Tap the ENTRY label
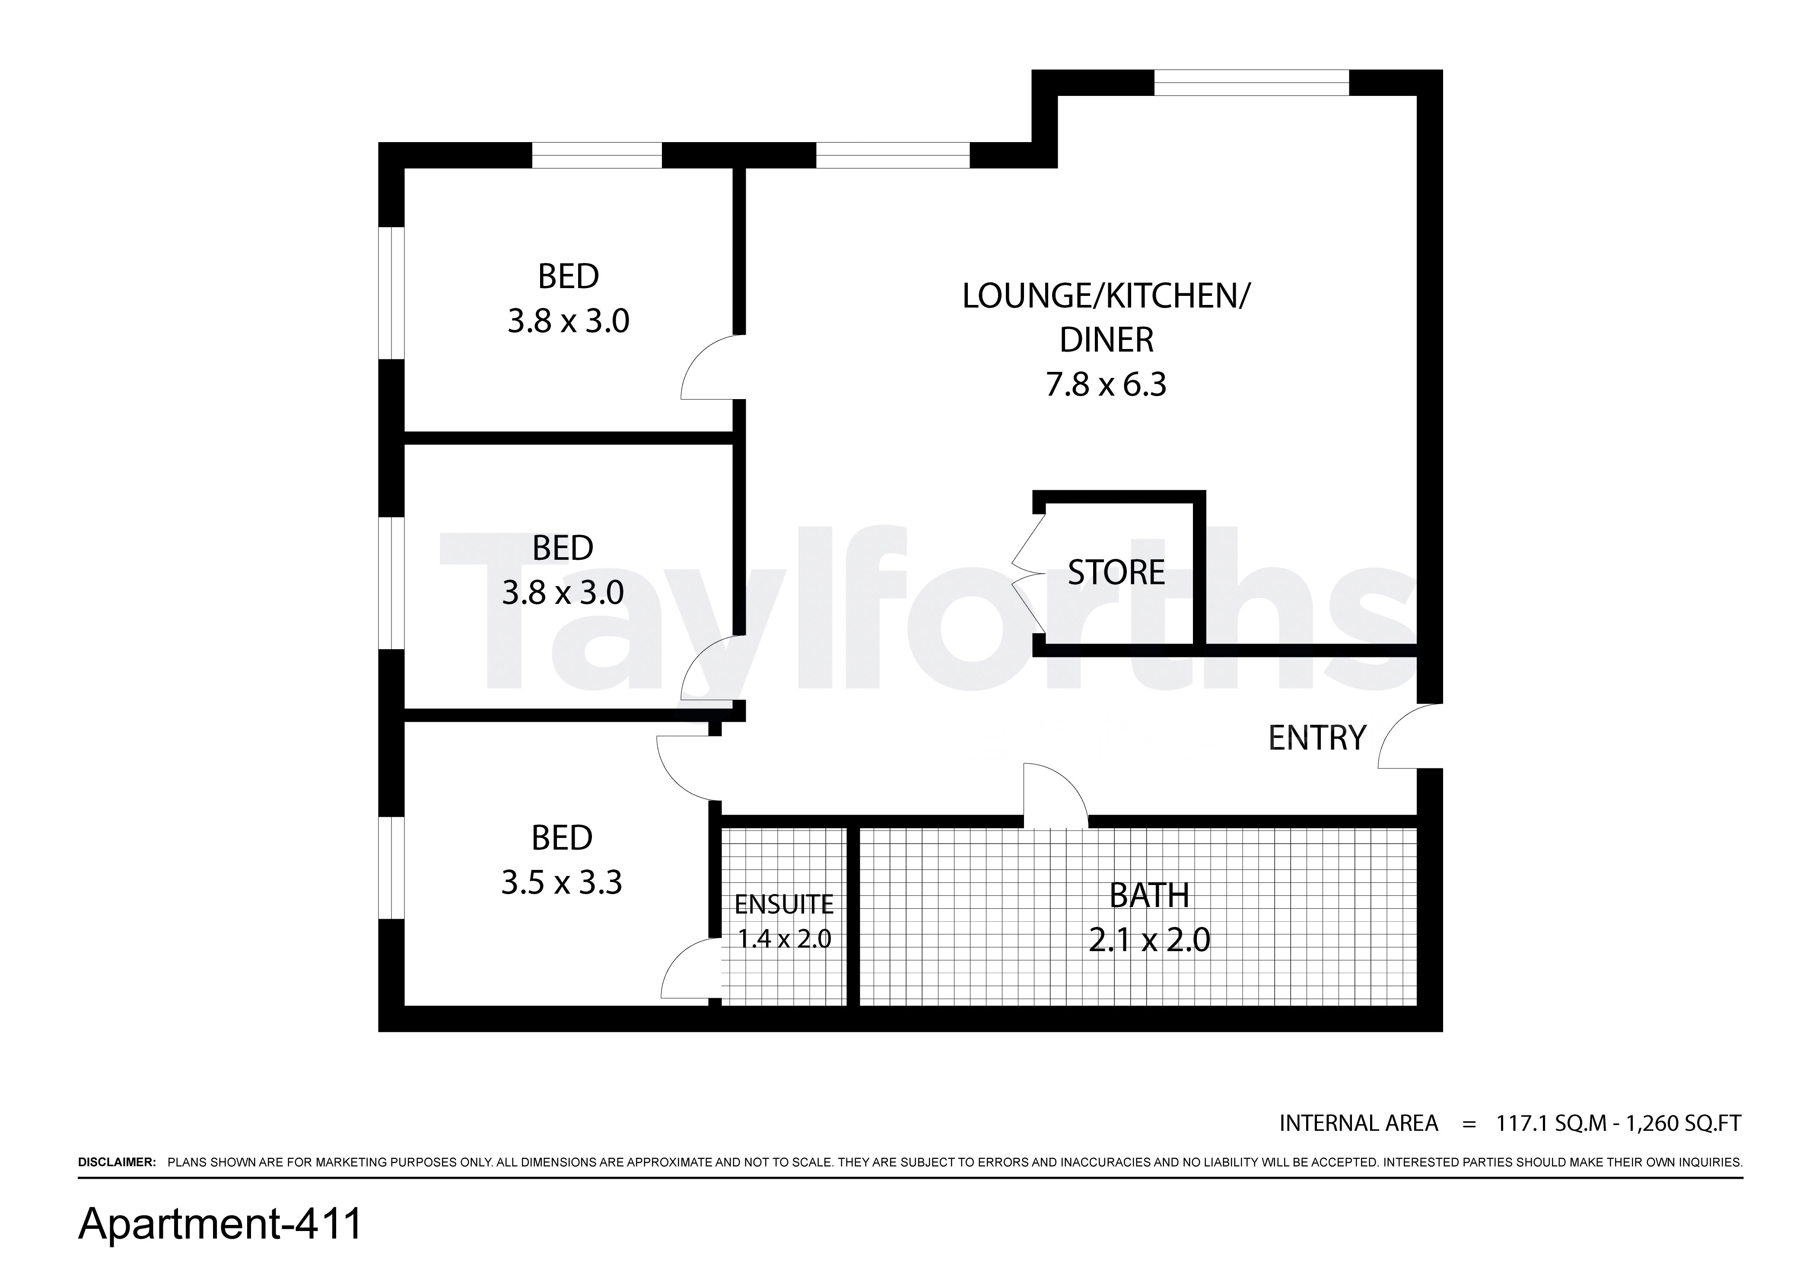coord(1317,738)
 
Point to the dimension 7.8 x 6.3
coord(1106,384)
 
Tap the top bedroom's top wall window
coord(597,155)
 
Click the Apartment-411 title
coord(220,1224)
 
